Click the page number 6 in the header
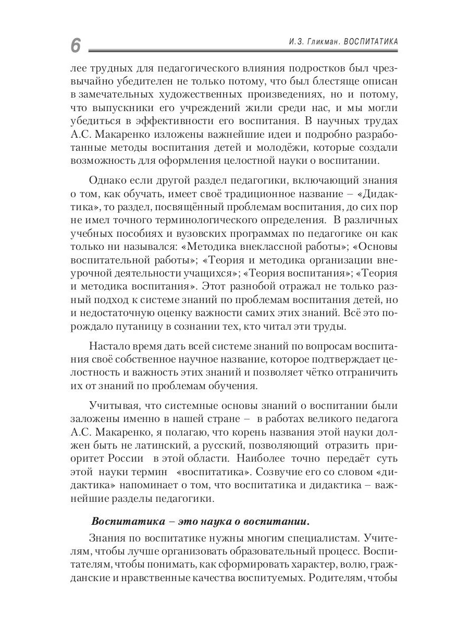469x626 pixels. point(76,45)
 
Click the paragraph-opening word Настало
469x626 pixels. point(112,347)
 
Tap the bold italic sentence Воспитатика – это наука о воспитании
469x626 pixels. point(200,521)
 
